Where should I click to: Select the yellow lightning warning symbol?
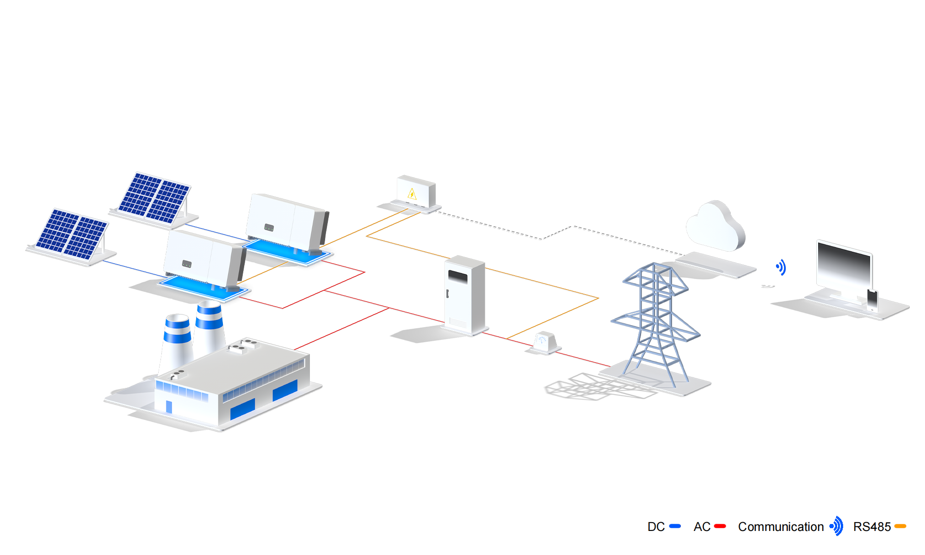[x=412, y=194]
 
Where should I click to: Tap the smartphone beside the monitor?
[x=872, y=300]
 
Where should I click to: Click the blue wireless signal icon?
[x=780, y=267]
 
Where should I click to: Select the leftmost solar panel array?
[x=72, y=234]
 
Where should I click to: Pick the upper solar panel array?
[x=154, y=197]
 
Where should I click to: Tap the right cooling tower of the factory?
[x=209, y=326]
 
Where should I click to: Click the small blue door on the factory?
[x=169, y=407]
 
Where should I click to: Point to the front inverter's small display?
[x=187, y=264]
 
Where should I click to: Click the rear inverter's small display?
[x=269, y=228]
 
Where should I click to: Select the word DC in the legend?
[x=656, y=527]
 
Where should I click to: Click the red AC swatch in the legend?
[x=720, y=526]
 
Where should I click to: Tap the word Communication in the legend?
[x=781, y=527]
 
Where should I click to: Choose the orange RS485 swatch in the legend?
[x=900, y=526]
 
